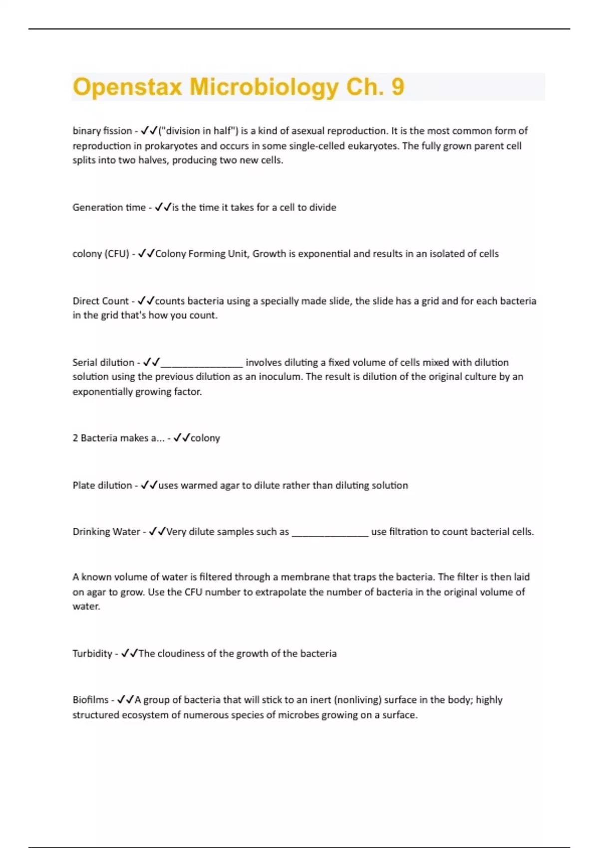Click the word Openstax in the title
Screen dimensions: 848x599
coord(127,87)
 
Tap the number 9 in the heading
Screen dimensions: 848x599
coord(397,86)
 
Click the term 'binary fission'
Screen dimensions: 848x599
coord(102,131)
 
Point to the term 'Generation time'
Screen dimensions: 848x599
coord(109,208)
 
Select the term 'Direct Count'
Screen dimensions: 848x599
coord(100,301)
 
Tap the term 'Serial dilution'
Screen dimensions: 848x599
coord(103,363)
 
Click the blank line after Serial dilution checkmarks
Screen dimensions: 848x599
coord(202,365)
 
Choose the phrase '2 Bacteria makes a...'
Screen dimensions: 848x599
coord(118,438)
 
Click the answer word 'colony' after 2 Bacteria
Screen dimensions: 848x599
coord(205,438)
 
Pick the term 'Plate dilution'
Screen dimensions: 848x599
coord(102,485)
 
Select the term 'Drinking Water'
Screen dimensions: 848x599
coord(106,532)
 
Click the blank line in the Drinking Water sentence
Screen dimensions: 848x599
coord(330,534)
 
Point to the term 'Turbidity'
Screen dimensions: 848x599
coord(92,653)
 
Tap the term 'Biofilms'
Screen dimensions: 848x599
coord(90,700)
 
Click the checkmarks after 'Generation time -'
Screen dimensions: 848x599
coord(163,208)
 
